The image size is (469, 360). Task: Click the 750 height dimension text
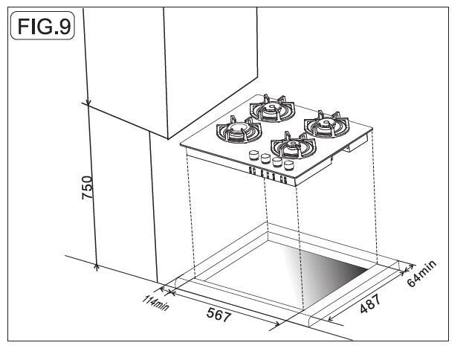[88, 187]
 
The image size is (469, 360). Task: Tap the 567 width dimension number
[219, 314]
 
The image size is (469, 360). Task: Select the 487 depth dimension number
[370, 304]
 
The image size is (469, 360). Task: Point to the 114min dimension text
[155, 303]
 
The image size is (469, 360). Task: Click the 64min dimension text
[421, 274]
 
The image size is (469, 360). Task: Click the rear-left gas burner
[272, 109]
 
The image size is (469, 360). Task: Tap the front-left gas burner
[239, 129]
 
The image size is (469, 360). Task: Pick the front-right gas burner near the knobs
[293, 145]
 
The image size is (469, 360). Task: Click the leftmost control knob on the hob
[253, 155]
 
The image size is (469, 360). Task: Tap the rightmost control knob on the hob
[288, 164]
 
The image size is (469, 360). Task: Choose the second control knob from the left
[265, 158]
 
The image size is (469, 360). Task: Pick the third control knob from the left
[277, 161]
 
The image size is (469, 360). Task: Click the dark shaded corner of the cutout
[344, 266]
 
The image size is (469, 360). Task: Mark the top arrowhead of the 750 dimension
[88, 103]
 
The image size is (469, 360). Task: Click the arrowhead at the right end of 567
[277, 324]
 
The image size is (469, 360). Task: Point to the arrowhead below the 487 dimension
[331, 318]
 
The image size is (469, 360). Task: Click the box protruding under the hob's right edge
[355, 144]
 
